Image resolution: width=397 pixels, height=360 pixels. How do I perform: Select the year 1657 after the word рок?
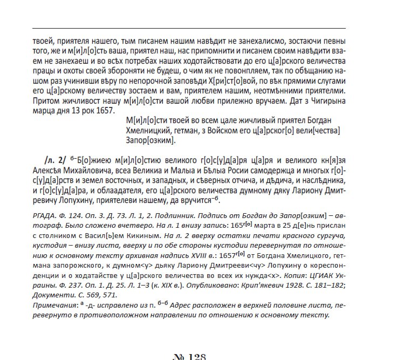point(105,110)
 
